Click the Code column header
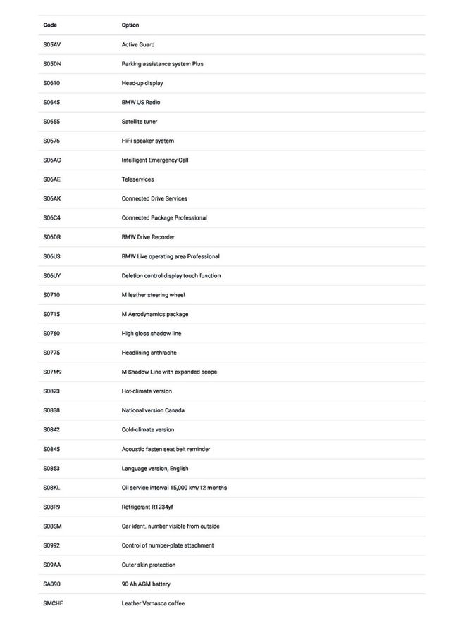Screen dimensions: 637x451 [50, 25]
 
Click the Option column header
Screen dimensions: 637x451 [130, 25]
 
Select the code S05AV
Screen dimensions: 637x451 [53, 45]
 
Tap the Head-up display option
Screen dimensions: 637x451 [142, 83]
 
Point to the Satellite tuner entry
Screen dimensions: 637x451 [140, 122]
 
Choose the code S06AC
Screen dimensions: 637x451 [53, 160]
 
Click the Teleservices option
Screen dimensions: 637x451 [137, 179]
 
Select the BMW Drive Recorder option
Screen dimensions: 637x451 [148, 237]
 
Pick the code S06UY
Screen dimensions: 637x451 [53, 276]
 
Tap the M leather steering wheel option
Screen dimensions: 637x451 [153, 295]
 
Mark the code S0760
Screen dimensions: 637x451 [51, 334]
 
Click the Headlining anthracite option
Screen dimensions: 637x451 [149, 353]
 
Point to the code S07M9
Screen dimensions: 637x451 [53, 372]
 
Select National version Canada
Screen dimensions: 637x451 [153, 410]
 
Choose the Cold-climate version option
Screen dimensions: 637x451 [148, 429]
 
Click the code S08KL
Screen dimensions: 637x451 [53, 488]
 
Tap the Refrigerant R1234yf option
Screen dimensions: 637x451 [147, 507]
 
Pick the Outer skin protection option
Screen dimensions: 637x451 [149, 565]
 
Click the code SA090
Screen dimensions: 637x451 [52, 584]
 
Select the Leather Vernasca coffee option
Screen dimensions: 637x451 [153, 603]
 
